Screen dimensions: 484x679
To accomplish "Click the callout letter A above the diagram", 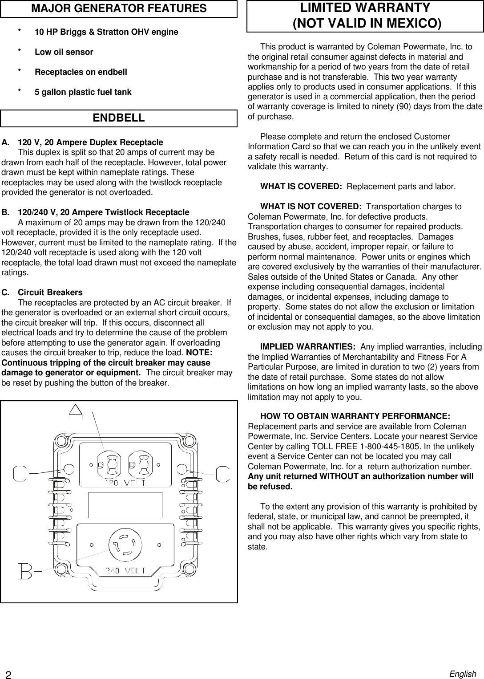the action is [x=76, y=411].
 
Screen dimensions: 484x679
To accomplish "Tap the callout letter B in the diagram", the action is [x=24, y=571].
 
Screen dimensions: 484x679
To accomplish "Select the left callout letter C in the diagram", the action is [x=20, y=473].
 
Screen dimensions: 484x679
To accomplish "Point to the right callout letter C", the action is [x=222, y=473].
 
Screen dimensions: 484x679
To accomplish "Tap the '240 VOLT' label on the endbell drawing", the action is [x=125, y=571].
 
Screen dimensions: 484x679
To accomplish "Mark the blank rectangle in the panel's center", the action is [x=125, y=505].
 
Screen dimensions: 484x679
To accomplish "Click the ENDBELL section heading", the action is [x=118, y=118].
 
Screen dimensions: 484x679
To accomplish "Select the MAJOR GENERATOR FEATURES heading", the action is [x=118, y=8].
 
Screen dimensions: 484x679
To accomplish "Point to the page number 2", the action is [x=8, y=674].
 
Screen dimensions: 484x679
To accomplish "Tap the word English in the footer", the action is [x=463, y=674].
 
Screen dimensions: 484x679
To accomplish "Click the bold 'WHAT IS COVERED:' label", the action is [x=301, y=187].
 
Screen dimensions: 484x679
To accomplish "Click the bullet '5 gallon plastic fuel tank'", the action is [x=83, y=92].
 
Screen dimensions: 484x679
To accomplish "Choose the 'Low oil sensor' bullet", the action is [x=64, y=52].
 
